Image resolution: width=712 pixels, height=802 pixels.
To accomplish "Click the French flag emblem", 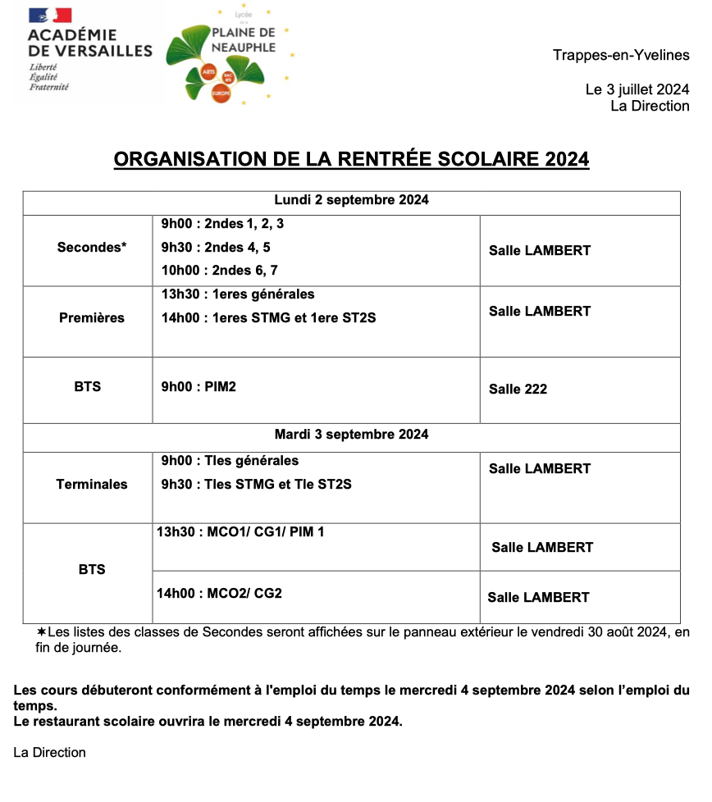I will click(50, 16).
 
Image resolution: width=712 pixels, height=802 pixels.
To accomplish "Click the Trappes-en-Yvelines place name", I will click(621, 56).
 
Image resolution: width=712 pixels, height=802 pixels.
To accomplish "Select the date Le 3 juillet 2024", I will click(637, 89).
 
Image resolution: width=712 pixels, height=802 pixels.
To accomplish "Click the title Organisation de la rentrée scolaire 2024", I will click(351, 159).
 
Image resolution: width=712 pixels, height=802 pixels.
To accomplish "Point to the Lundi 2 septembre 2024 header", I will click(351, 200).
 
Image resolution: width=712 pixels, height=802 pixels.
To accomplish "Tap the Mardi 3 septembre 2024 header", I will click(351, 435).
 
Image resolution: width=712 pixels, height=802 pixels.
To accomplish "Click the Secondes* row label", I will click(92, 248).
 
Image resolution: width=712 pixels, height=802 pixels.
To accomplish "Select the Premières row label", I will click(92, 318).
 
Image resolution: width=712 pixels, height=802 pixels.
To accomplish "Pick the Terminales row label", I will click(92, 485).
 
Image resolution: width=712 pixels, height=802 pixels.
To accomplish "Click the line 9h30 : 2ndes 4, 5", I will click(216, 247).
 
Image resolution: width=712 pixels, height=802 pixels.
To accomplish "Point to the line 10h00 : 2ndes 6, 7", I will click(220, 271).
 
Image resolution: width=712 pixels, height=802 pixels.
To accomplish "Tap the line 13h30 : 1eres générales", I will click(238, 294).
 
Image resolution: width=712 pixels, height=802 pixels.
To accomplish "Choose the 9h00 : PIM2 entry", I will click(199, 386).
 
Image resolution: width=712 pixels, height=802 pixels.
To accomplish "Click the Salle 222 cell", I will click(518, 390).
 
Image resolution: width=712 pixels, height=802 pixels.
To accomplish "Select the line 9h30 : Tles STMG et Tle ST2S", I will click(256, 485).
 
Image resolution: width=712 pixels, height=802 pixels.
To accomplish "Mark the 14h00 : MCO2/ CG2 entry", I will click(219, 593).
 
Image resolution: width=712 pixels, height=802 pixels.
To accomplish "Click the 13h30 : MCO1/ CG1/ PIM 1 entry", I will click(240, 532).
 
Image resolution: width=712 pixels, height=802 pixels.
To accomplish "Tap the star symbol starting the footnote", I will click(42, 632).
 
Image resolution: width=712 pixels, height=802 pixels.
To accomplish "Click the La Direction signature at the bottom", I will click(49, 753).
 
